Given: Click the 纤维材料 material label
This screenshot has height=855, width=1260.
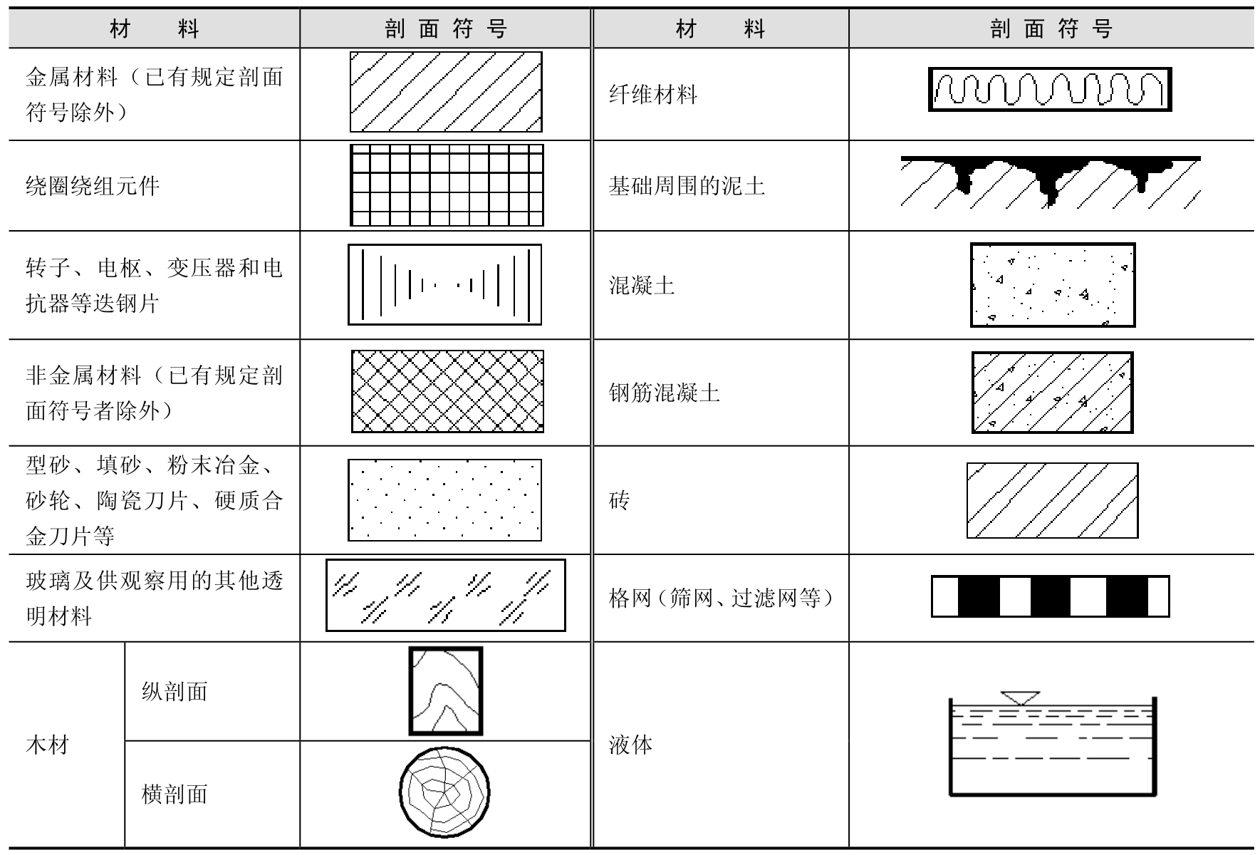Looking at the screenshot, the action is [x=652, y=95].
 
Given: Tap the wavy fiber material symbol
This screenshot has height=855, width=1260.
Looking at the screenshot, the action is [x=1050, y=89].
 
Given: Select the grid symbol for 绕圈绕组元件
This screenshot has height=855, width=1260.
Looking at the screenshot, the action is [x=447, y=185].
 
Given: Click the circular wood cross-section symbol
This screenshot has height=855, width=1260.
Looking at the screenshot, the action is [x=444, y=792].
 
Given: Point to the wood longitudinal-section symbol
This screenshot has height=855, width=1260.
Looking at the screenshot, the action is [x=446, y=691].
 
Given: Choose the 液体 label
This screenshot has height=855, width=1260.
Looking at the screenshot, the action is [x=630, y=745].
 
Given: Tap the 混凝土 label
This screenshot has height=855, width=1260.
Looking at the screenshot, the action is [x=641, y=286].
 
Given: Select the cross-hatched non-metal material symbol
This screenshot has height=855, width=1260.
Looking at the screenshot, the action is [x=447, y=391].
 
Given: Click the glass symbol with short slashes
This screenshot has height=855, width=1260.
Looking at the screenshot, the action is [x=446, y=596].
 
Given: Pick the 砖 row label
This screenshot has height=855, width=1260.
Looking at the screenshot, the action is [x=619, y=500].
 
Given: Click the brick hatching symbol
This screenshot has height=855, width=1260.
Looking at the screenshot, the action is [x=1052, y=500].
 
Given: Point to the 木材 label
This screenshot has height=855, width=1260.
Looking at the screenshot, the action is [x=47, y=745].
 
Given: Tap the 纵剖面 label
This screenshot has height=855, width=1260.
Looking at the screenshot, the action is [x=175, y=691].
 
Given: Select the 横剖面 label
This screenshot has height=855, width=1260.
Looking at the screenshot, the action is [x=175, y=794].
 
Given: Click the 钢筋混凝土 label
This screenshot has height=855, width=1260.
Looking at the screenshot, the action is [x=664, y=393].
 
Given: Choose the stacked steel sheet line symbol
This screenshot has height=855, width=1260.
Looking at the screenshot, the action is [x=445, y=285].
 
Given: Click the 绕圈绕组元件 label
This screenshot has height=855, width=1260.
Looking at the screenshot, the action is [x=93, y=186].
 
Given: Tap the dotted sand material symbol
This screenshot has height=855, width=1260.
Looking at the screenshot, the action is [x=444, y=500].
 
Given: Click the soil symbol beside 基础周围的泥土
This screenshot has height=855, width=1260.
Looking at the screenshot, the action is [x=1051, y=182].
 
